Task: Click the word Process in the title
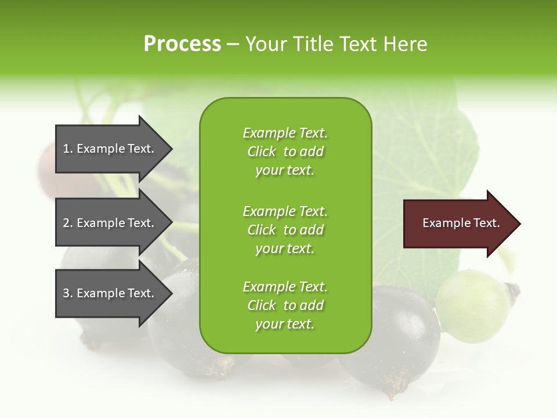(x=182, y=44)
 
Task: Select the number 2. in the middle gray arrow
(x=68, y=223)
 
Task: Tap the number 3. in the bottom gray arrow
(x=68, y=293)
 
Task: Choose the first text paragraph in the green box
(x=285, y=152)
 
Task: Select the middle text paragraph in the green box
(x=285, y=230)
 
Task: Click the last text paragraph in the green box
(x=285, y=305)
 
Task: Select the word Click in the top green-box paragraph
(x=261, y=152)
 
